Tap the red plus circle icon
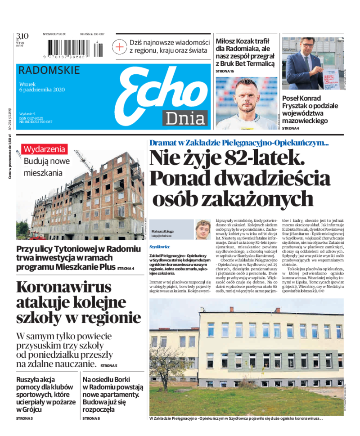[120, 46]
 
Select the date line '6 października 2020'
[42, 90]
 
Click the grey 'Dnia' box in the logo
[184, 118]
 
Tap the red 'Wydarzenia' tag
[45, 149]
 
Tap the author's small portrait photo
[203, 229]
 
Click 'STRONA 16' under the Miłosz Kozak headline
[225, 71]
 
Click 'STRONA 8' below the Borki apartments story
[91, 418]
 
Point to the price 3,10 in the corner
[22, 36]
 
